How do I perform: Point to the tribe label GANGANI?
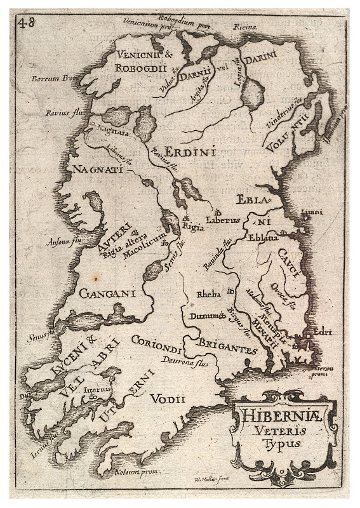(109, 293)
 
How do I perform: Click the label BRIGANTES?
(228, 347)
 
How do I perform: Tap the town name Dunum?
(203, 316)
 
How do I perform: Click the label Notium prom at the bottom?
(140, 471)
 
